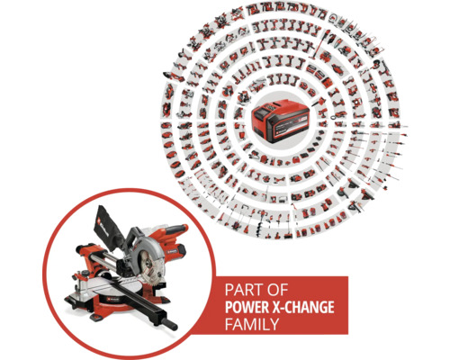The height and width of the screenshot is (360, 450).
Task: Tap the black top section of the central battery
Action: point(279,106)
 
